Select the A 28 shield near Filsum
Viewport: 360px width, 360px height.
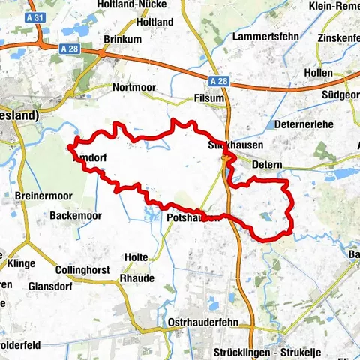pyautogui.click(x=218, y=80)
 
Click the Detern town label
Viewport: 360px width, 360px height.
pyautogui.click(x=267, y=163)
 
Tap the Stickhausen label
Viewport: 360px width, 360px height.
pyautogui.click(x=227, y=145)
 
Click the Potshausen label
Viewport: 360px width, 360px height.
pyautogui.click(x=191, y=217)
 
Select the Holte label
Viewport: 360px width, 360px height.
pyautogui.click(x=136, y=256)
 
